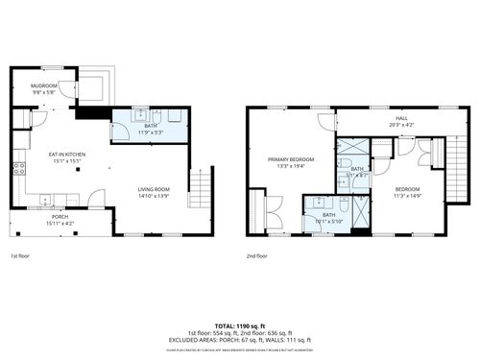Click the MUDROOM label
(44, 85)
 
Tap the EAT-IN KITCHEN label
(68, 154)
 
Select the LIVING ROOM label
(154, 188)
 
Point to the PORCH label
(60, 217)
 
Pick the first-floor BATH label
(151, 126)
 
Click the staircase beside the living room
(199, 187)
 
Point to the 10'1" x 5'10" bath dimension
(328, 221)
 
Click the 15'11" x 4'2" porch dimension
(60, 224)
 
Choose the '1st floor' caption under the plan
(19, 256)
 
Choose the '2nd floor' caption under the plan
(256, 256)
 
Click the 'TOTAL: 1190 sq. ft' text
(239, 326)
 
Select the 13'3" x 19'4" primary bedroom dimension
(291, 165)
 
